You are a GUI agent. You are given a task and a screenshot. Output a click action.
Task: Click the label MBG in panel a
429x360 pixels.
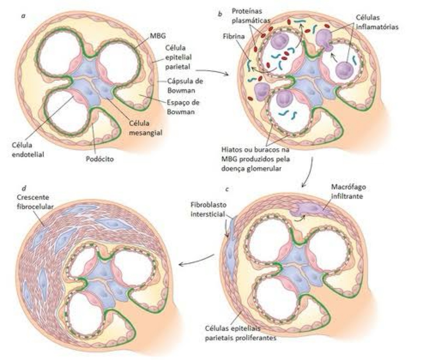(158, 36)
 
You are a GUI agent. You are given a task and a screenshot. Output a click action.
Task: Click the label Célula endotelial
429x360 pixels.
(28, 149)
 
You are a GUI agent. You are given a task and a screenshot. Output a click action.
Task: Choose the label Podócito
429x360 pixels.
(100, 159)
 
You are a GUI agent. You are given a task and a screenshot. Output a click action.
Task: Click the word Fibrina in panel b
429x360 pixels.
(233, 36)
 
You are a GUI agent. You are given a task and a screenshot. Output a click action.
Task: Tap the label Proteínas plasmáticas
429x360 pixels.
(247, 15)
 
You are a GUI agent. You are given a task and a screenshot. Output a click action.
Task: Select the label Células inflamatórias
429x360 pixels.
(377, 22)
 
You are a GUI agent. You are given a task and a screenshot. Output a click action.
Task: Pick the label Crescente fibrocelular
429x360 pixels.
(35, 202)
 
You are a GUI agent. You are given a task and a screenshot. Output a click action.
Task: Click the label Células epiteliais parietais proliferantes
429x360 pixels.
(241, 333)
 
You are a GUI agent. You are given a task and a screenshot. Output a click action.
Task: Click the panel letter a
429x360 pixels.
(23, 15)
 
